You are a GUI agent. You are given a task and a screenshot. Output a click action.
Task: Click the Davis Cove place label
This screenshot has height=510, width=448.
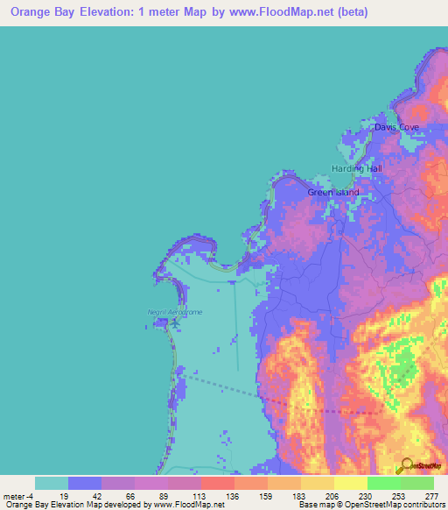(x=396, y=127)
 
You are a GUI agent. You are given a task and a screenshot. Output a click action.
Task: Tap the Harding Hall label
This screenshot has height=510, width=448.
(x=356, y=168)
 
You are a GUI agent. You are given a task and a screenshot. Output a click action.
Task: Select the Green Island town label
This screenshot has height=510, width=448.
(x=332, y=192)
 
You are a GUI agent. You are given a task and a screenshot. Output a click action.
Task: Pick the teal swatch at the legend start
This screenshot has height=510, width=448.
(x=51, y=483)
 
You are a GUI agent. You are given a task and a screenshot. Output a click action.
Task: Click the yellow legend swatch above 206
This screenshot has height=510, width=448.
(x=317, y=483)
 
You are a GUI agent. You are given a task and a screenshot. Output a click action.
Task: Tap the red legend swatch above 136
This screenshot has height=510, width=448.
(x=217, y=483)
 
